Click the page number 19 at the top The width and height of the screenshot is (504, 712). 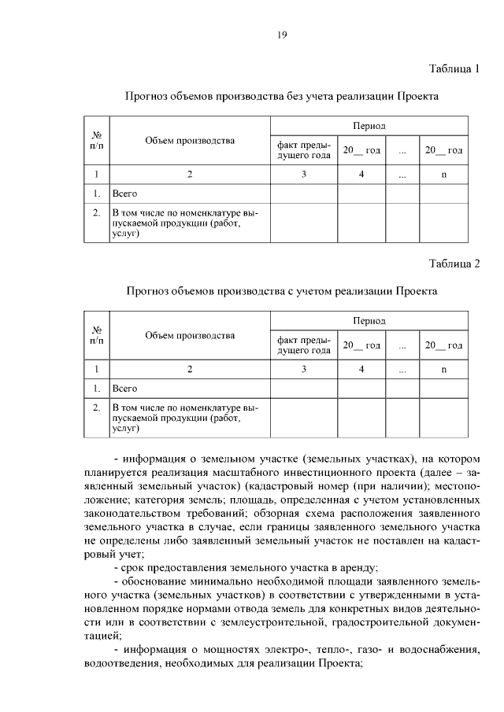[281, 34]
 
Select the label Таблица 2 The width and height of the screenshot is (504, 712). [454, 262]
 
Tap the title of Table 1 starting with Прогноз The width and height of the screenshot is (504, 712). [282, 96]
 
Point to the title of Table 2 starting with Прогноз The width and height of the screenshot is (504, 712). [282, 290]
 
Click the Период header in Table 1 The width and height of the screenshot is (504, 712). [369, 126]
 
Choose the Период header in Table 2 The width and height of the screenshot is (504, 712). [369, 321]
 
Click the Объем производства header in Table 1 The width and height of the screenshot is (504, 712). [190, 141]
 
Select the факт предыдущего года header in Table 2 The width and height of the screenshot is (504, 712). [303, 345]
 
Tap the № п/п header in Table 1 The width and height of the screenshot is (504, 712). [97, 140]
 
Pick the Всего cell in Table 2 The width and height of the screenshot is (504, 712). [125, 388]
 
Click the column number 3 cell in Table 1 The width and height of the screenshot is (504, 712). [303, 175]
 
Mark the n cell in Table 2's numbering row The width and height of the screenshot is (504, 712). [443, 369]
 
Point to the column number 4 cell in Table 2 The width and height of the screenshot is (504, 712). [361, 369]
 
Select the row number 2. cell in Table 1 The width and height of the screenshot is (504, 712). [96, 213]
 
